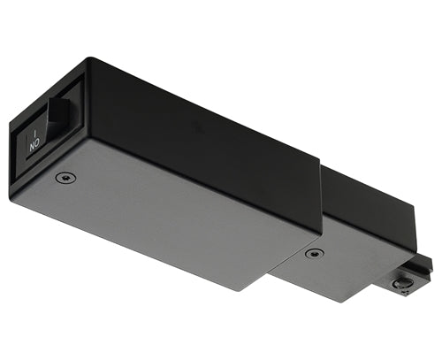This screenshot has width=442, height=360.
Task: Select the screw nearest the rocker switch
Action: (65, 177)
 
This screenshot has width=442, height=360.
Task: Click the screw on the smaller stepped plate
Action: (310, 254)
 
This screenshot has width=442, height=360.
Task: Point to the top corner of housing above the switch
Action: (87, 59)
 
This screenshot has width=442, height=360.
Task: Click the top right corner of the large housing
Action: (319, 165)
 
